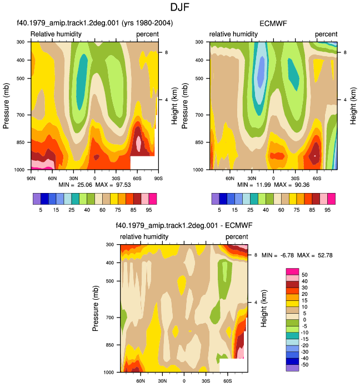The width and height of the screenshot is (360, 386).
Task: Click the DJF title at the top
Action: pos(180,7)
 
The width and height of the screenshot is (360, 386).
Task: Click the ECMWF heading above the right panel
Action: pos(273,23)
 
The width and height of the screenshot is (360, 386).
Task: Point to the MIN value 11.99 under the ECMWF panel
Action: pos(263,185)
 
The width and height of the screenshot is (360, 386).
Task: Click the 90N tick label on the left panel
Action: pos(31,178)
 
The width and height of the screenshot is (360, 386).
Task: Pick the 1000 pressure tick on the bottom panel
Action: pos(108,372)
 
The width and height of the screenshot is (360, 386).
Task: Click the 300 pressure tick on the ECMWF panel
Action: pos(199,42)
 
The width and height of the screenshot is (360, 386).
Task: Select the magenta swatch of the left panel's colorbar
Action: pos(153,199)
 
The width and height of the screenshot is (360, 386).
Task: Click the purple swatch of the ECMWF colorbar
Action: pos(216,199)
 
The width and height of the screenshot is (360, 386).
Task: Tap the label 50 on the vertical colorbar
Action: pos(304,275)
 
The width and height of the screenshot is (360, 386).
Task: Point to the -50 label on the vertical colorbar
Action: pos(304,364)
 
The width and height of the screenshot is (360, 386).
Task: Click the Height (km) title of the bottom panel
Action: pos(263,309)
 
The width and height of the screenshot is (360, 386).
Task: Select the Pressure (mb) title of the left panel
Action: pos(6,106)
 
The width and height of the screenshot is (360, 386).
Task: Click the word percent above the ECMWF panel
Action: pos(326,34)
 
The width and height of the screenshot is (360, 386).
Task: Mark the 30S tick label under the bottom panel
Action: pos(206,381)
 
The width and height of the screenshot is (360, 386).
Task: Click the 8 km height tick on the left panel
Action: pos(167,52)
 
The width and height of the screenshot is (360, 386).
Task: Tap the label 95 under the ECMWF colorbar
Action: pos(327,210)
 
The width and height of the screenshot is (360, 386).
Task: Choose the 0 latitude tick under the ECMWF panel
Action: pos(273,178)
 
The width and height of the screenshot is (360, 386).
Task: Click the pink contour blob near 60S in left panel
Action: pos(138,142)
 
